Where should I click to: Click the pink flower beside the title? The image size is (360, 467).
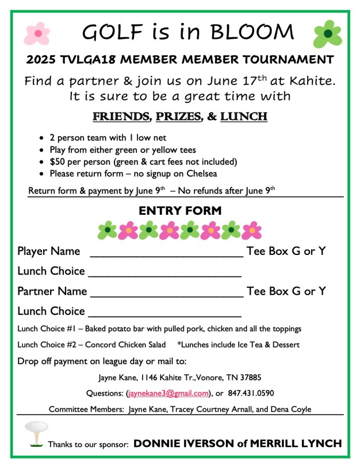tap(37, 33)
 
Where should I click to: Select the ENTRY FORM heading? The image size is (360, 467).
tap(180, 211)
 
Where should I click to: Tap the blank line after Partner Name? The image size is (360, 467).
tap(167, 293)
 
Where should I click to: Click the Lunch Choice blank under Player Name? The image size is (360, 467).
tap(165, 272)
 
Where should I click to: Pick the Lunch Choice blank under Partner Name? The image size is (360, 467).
tap(165, 312)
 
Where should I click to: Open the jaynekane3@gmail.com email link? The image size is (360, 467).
tap(168, 394)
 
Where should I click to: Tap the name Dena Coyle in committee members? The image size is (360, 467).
tap(291, 409)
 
